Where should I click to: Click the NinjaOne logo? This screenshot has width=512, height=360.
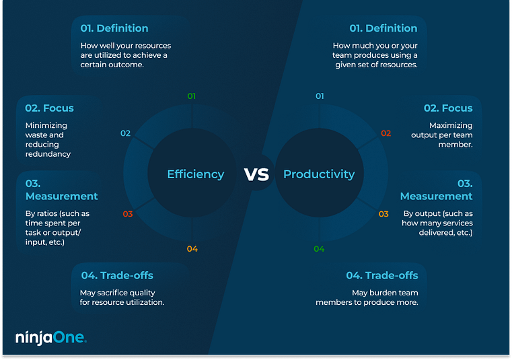50,338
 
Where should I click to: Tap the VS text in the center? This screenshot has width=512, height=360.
256,175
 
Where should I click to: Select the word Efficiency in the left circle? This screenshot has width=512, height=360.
195,174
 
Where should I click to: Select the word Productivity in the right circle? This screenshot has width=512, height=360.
318,174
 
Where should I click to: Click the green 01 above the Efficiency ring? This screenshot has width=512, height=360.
192,96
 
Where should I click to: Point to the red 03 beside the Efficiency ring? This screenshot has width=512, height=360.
128,214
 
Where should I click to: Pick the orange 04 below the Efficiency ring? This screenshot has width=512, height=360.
192,249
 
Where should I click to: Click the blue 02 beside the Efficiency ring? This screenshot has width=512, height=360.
125,133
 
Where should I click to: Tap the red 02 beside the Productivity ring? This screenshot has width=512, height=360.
386,133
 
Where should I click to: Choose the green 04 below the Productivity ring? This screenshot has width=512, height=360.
319,249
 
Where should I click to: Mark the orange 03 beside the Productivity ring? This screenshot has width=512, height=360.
383,214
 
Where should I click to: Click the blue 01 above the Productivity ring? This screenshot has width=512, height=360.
320,96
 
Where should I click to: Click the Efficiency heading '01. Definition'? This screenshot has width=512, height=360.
114,28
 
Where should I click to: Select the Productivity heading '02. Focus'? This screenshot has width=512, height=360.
447,108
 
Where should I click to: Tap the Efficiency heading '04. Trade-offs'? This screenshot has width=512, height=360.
117,275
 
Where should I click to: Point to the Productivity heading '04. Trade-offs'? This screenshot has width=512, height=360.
382,275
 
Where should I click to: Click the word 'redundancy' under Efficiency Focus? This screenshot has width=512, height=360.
48,154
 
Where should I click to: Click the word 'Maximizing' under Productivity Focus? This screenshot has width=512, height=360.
451,125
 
